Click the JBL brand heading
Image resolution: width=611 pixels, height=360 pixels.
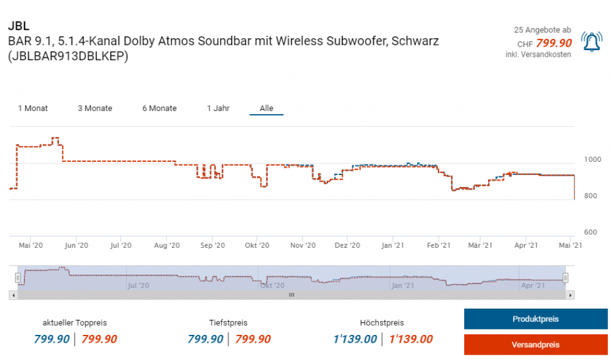18,26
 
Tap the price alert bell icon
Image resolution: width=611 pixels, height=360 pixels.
592,42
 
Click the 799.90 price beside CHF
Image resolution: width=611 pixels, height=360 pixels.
554,43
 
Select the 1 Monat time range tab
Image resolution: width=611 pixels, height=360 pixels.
33,108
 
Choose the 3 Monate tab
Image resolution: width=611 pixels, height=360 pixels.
95,108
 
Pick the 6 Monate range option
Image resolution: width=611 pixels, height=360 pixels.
159,108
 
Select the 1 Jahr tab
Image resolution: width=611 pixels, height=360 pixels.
218,108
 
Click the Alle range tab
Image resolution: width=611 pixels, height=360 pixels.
266,108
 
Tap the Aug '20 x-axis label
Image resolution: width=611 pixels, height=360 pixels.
166,245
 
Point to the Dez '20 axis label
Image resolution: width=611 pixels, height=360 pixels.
347,245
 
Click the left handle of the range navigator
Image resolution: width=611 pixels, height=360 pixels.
18,278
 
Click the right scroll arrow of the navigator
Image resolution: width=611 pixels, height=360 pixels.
570,295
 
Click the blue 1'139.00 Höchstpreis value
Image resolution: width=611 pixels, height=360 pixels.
354,339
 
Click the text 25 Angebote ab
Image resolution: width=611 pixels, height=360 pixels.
542,30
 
